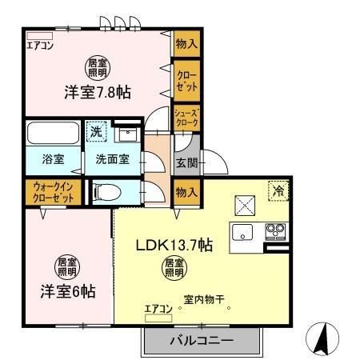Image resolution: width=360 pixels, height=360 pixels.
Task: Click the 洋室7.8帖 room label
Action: click(98, 93)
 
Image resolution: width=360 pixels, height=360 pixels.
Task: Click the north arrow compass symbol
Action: click(321, 338)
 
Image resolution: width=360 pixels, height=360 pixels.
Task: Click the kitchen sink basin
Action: click(242, 234)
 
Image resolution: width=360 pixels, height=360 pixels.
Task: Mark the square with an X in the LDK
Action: click(245, 205)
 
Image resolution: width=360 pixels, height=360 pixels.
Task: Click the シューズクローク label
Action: click(186, 119)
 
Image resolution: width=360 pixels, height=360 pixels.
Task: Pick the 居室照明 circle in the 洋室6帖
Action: click(66, 265)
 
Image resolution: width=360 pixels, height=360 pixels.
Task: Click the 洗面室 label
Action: click(112, 158)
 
